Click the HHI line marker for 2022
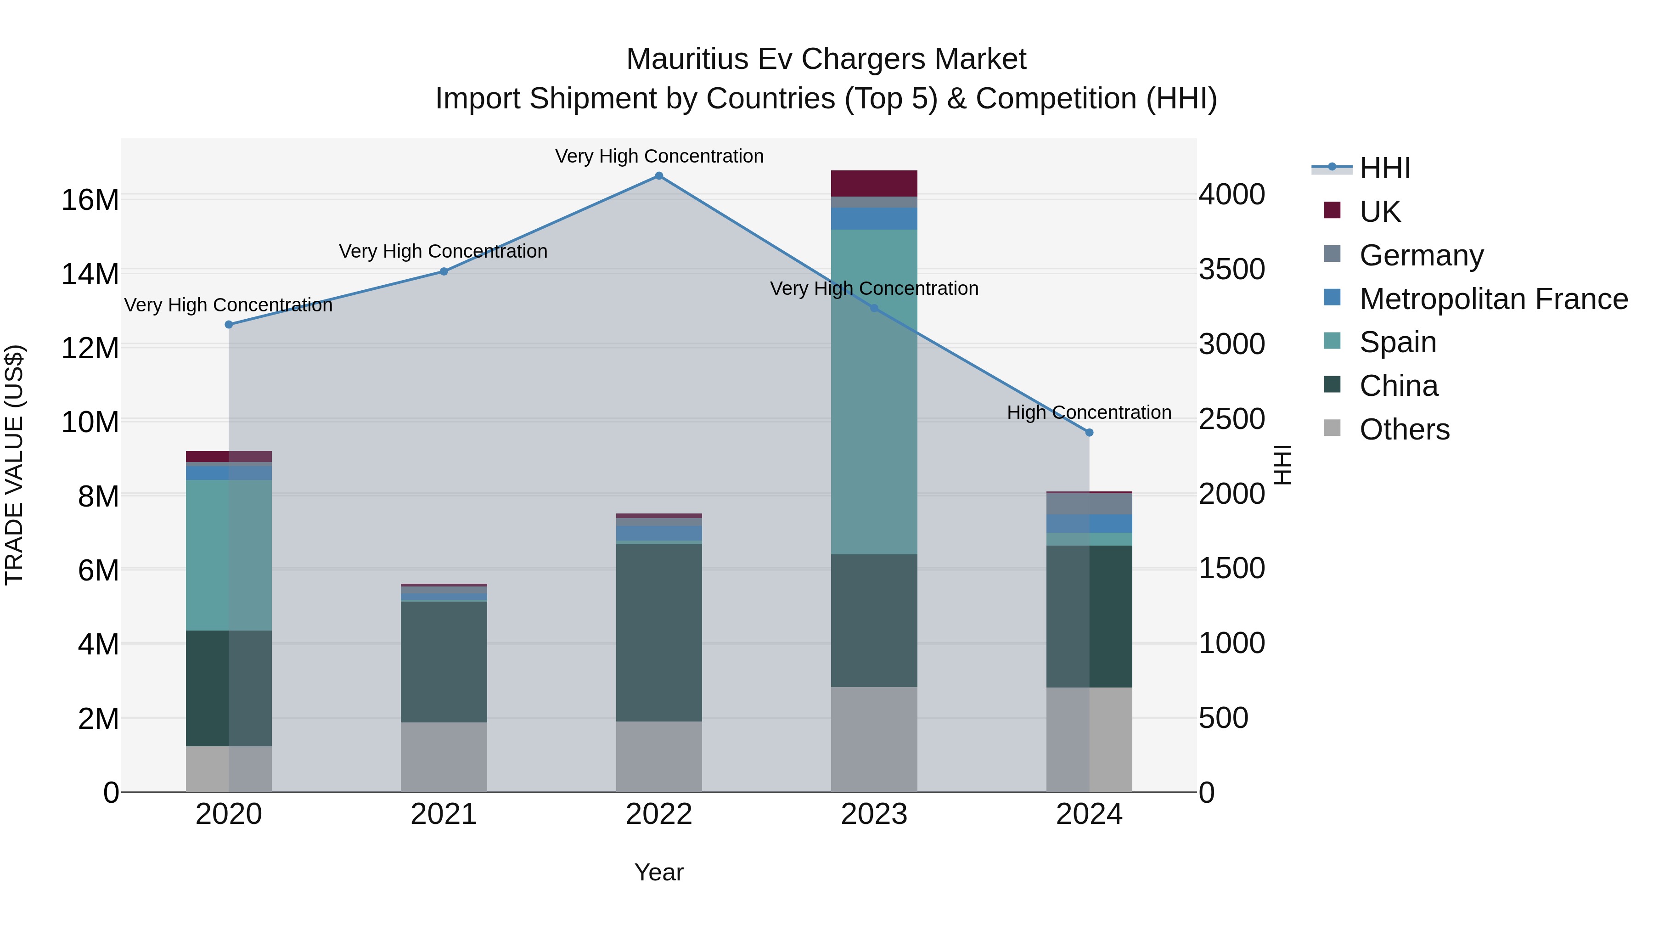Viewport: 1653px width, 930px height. coord(658,176)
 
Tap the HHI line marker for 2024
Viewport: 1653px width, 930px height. coord(1089,433)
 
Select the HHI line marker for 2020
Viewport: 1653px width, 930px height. coord(229,325)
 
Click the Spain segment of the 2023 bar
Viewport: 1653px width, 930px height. coord(874,391)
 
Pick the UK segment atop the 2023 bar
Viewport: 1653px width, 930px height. coord(874,184)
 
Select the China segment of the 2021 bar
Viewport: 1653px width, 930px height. coord(444,661)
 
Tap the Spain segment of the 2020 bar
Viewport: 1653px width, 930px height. coord(229,555)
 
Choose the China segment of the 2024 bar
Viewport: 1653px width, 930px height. coord(1089,616)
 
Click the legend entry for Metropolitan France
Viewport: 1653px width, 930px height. coord(1493,299)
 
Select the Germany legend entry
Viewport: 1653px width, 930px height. coord(1421,255)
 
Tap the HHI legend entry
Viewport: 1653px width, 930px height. coord(1384,168)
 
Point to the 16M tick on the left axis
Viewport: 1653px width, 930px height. coord(90,200)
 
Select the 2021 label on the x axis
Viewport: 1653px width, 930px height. coord(444,814)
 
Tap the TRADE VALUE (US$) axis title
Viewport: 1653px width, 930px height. coord(14,465)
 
